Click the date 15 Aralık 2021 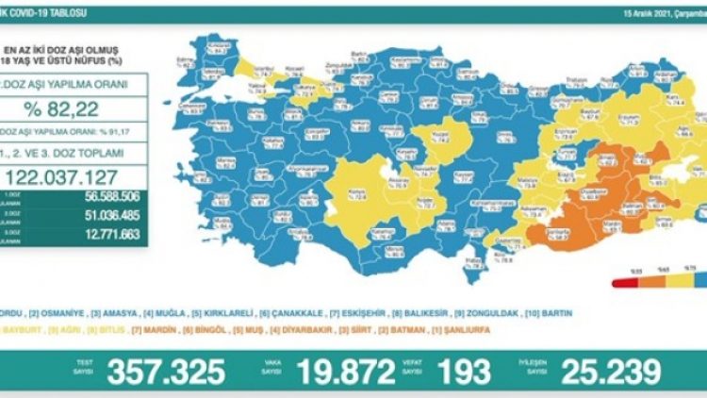tap(664, 14)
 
